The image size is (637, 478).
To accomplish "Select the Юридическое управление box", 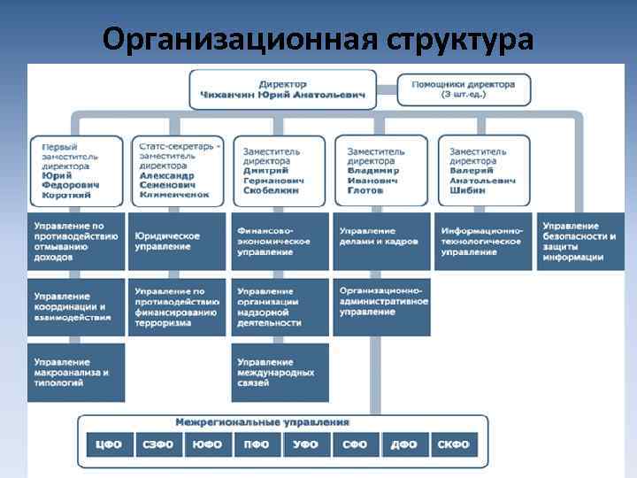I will coord(177,242).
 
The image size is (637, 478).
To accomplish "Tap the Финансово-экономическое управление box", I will coord(280,242).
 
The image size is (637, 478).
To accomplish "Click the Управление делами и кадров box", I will coord(382,242).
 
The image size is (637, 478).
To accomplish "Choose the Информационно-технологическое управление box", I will coord(485,242).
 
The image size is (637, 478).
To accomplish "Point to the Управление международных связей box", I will coord(280,373).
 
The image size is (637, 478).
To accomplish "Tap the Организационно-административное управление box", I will coord(382,301).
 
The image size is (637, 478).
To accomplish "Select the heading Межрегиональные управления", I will coord(262,422).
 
